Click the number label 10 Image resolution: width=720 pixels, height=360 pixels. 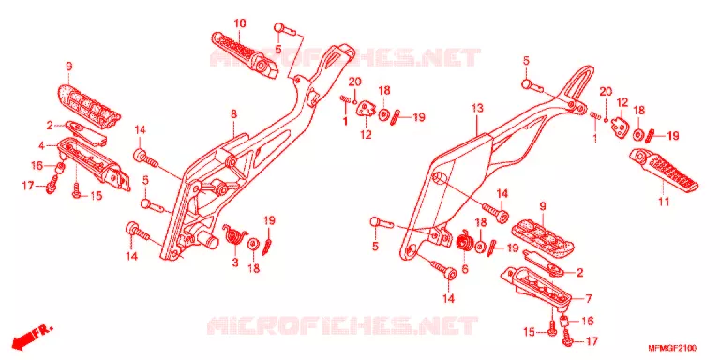click(240, 22)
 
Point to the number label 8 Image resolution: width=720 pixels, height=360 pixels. click(233, 113)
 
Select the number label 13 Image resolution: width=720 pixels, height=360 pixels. click(477, 109)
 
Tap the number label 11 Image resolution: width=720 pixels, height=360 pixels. click(664, 201)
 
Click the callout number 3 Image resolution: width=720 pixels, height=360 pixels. click(235, 262)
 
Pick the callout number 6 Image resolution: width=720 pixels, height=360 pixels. click(465, 269)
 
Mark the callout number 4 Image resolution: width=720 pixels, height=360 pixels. click(41, 146)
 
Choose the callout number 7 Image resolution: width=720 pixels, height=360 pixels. click(589, 298)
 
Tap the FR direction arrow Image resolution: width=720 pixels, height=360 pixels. click(32, 335)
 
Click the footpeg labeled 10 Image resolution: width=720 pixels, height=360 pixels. click(245, 53)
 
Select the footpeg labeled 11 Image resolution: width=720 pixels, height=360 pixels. click(663, 169)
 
